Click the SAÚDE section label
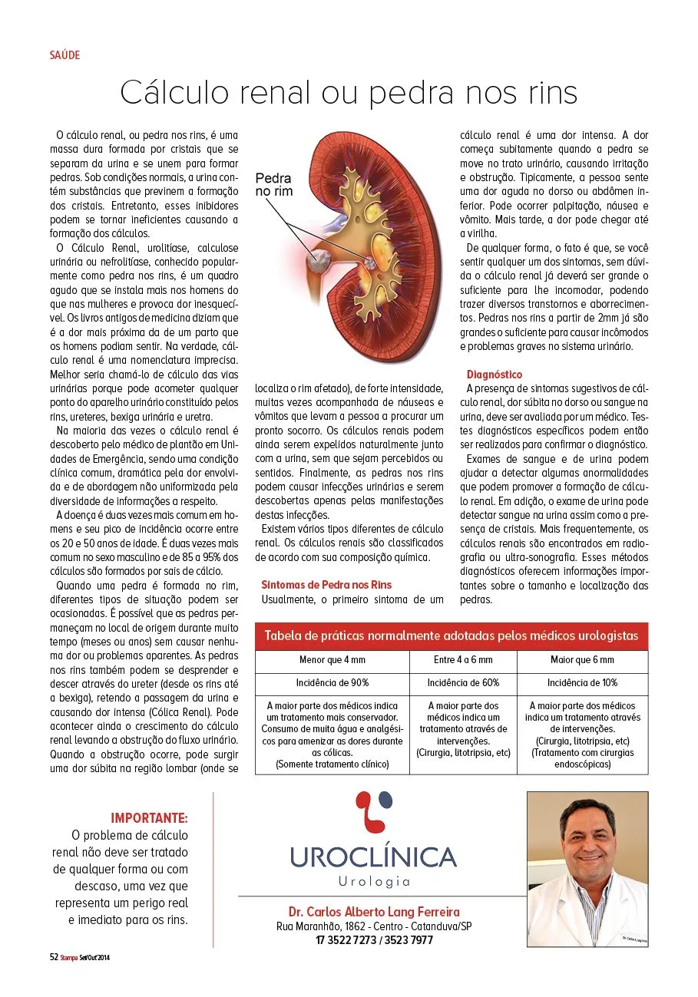[65, 55]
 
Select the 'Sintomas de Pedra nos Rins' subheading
[326, 585]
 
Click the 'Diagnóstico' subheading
[494, 375]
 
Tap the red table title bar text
[451, 636]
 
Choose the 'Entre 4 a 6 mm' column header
[463, 660]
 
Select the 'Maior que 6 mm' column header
[582, 660]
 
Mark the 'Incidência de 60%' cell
[463, 682]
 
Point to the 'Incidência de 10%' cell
[582, 682]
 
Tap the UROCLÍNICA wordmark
[373, 857]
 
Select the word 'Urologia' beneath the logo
[374, 882]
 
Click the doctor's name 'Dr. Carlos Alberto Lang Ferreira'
[374, 912]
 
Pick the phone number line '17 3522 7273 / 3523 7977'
[374, 939]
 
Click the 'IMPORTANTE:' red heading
[149, 818]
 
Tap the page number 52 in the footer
[54, 957]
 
